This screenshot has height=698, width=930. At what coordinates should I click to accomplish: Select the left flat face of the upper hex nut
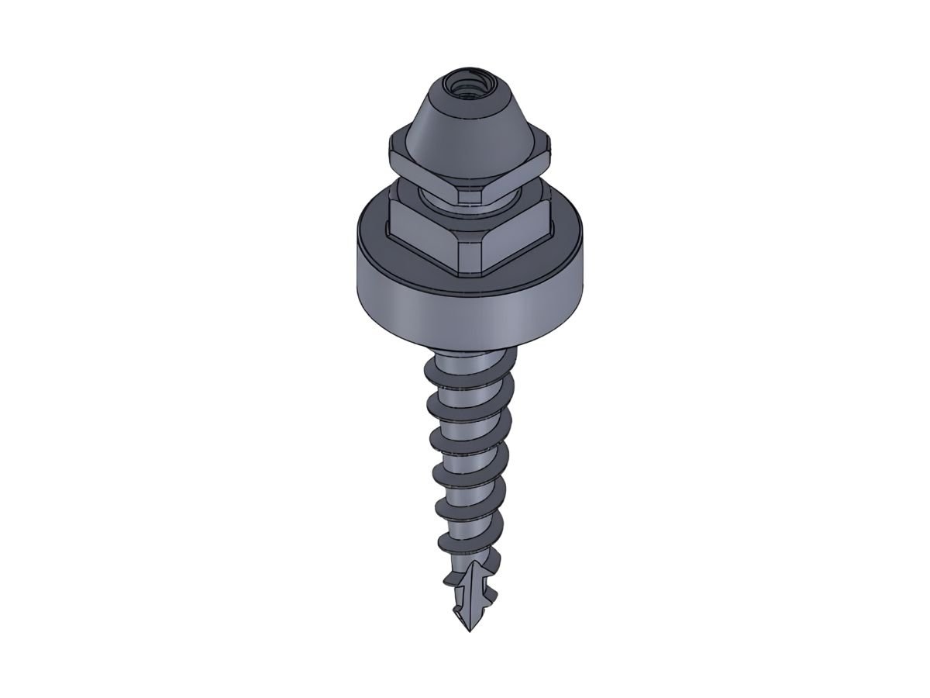[x=422, y=174]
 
